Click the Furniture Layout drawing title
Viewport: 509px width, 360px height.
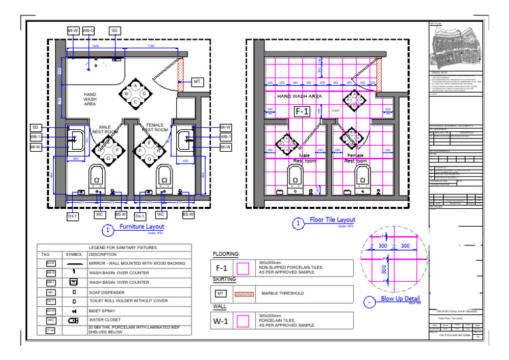tap(141, 227)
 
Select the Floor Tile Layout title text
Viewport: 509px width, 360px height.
tap(332, 220)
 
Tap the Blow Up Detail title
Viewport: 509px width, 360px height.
tap(401, 299)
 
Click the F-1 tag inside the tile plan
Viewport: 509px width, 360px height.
tap(302, 111)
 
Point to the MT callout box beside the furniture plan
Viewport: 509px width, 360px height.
tap(197, 82)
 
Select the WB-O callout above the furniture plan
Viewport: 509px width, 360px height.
tap(88, 30)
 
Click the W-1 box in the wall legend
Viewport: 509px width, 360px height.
tap(221, 320)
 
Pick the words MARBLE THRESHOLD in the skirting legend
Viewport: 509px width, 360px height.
tap(282, 293)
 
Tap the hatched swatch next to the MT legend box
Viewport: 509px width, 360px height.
tap(243, 293)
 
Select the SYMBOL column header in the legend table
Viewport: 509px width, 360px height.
tap(74, 255)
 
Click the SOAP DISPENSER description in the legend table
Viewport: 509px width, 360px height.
tap(108, 292)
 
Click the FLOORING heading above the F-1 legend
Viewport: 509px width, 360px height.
tap(225, 255)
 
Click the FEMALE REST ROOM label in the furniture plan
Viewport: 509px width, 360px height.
tap(155, 127)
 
